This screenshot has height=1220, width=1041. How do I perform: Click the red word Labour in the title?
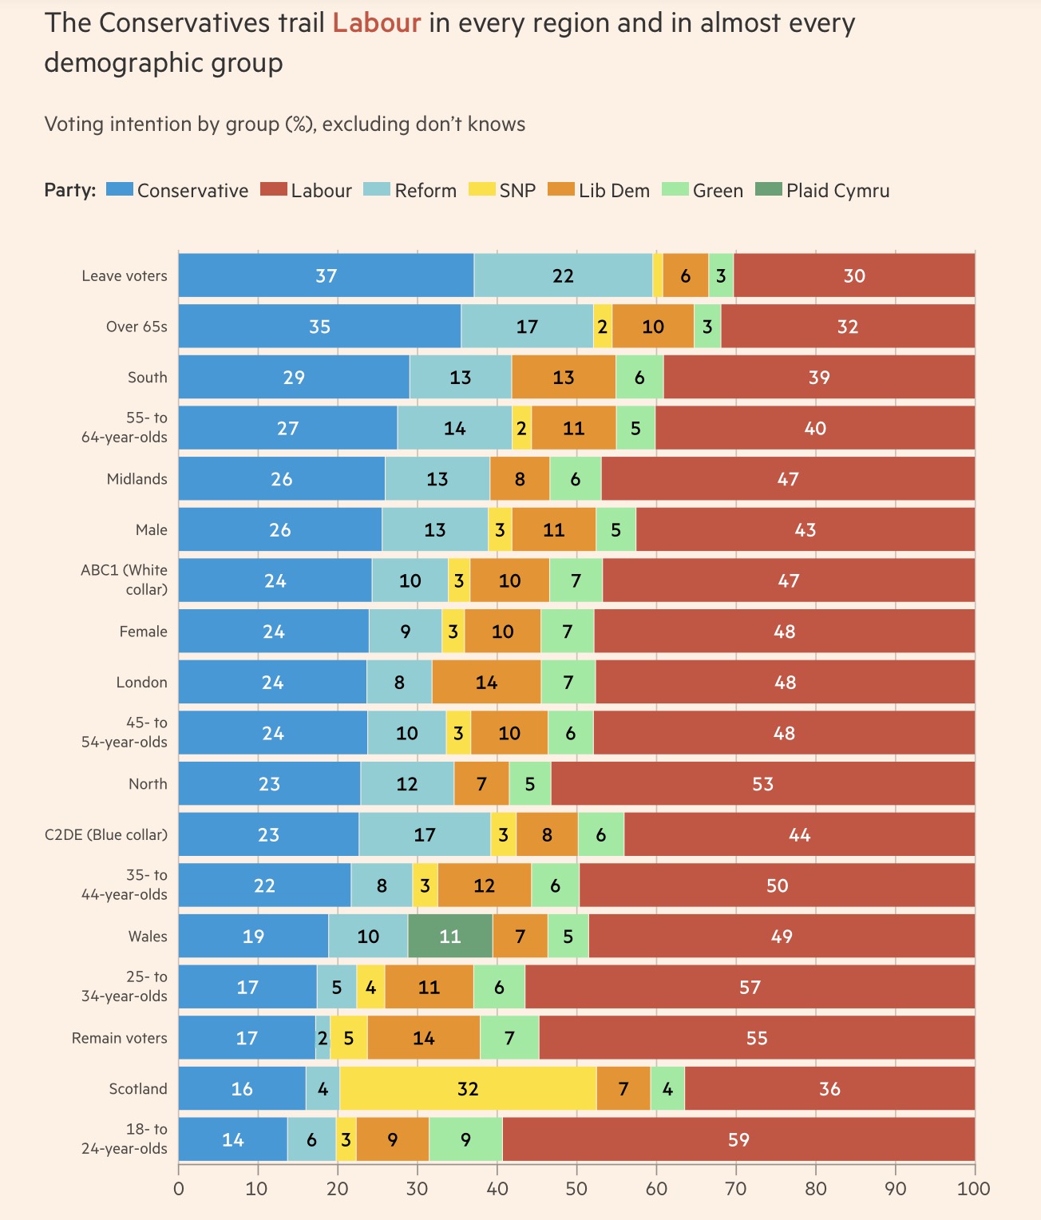pyautogui.click(x=376, y=23)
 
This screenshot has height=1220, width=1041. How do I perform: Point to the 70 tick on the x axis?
pyautogui.click(x=736, y=1188)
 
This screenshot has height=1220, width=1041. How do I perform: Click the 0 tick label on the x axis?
pyautogui.click(x=179, y=1188)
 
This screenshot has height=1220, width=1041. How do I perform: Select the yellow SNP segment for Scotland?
pyautogui.click(x=468, y=1088)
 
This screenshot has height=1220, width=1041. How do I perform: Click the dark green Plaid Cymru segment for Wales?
pyautogui.click(x=450, y=936)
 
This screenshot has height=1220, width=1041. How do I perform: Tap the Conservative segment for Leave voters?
pyautogui.click(x=326, y=275)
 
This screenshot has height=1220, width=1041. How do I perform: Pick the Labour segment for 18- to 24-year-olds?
pyautogui.click(x=738, y=1139)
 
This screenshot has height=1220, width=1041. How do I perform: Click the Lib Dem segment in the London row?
pyautogui.click(x=486, y=682)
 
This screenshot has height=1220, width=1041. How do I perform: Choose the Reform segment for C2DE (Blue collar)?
pyautogui.click(x=425, y=834)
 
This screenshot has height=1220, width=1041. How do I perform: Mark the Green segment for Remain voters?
pyautogui.click(x=509, y=1038)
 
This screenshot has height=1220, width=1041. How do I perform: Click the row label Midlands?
pyautogui.click(x=137, y=479)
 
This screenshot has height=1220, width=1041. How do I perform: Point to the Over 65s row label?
pyautogui.click(x=137, y=327)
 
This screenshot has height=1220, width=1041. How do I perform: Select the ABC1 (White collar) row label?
pyautogui.click(x=125, y=580)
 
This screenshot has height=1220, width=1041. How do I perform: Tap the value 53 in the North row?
pyautogui.click(x=762, y=784)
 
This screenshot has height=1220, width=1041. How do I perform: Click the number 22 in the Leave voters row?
pyautogui.click(x=563, y=275)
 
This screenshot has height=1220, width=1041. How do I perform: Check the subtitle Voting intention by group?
pyautogui.click(x=284, y=125)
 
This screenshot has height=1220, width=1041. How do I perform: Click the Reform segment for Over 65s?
pyautogui.click(x=527, y=327)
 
